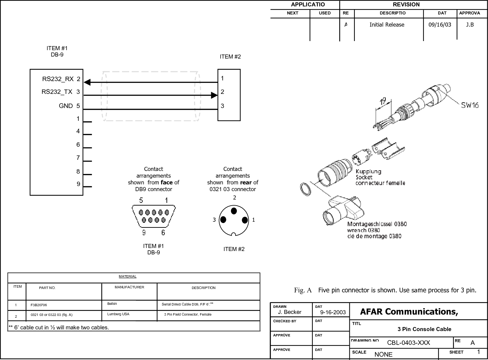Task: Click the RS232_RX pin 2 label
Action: (61, 79)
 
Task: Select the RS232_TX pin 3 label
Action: (61, 92)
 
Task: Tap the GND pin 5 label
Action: (69, 106)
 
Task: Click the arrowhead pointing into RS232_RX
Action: (87, 82)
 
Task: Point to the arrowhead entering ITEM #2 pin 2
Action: (214, 96)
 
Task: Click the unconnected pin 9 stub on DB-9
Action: (87, 187)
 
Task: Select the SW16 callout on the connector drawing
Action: (470, 105)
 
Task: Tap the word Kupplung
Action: (368, 171)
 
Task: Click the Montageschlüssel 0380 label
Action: (377, 224)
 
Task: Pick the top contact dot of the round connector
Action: (234, 211)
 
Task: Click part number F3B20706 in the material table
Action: (39, 305)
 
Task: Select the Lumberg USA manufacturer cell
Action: (118, 314)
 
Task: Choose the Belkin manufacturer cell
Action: (112, 304)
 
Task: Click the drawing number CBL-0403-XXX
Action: (408, 343)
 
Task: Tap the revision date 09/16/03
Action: (440, 25)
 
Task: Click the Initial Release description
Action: (387, 25)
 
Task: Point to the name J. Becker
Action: (290, 312)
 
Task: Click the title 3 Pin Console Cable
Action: (424, 329)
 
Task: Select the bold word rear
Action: (246, 182)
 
